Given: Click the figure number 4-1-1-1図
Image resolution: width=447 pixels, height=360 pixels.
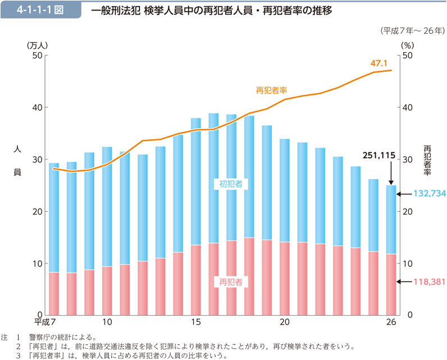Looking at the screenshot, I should pyautogui.click(x=39, y=10).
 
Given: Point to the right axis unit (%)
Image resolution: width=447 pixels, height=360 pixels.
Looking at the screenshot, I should pyautogui.click(x=407, y=45).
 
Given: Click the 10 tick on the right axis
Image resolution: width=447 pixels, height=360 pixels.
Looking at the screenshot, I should pyautogui.click(x=408, y=263).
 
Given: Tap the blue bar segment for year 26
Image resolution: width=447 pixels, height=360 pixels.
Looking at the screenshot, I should pyautogui.click(x=391, y=219).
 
